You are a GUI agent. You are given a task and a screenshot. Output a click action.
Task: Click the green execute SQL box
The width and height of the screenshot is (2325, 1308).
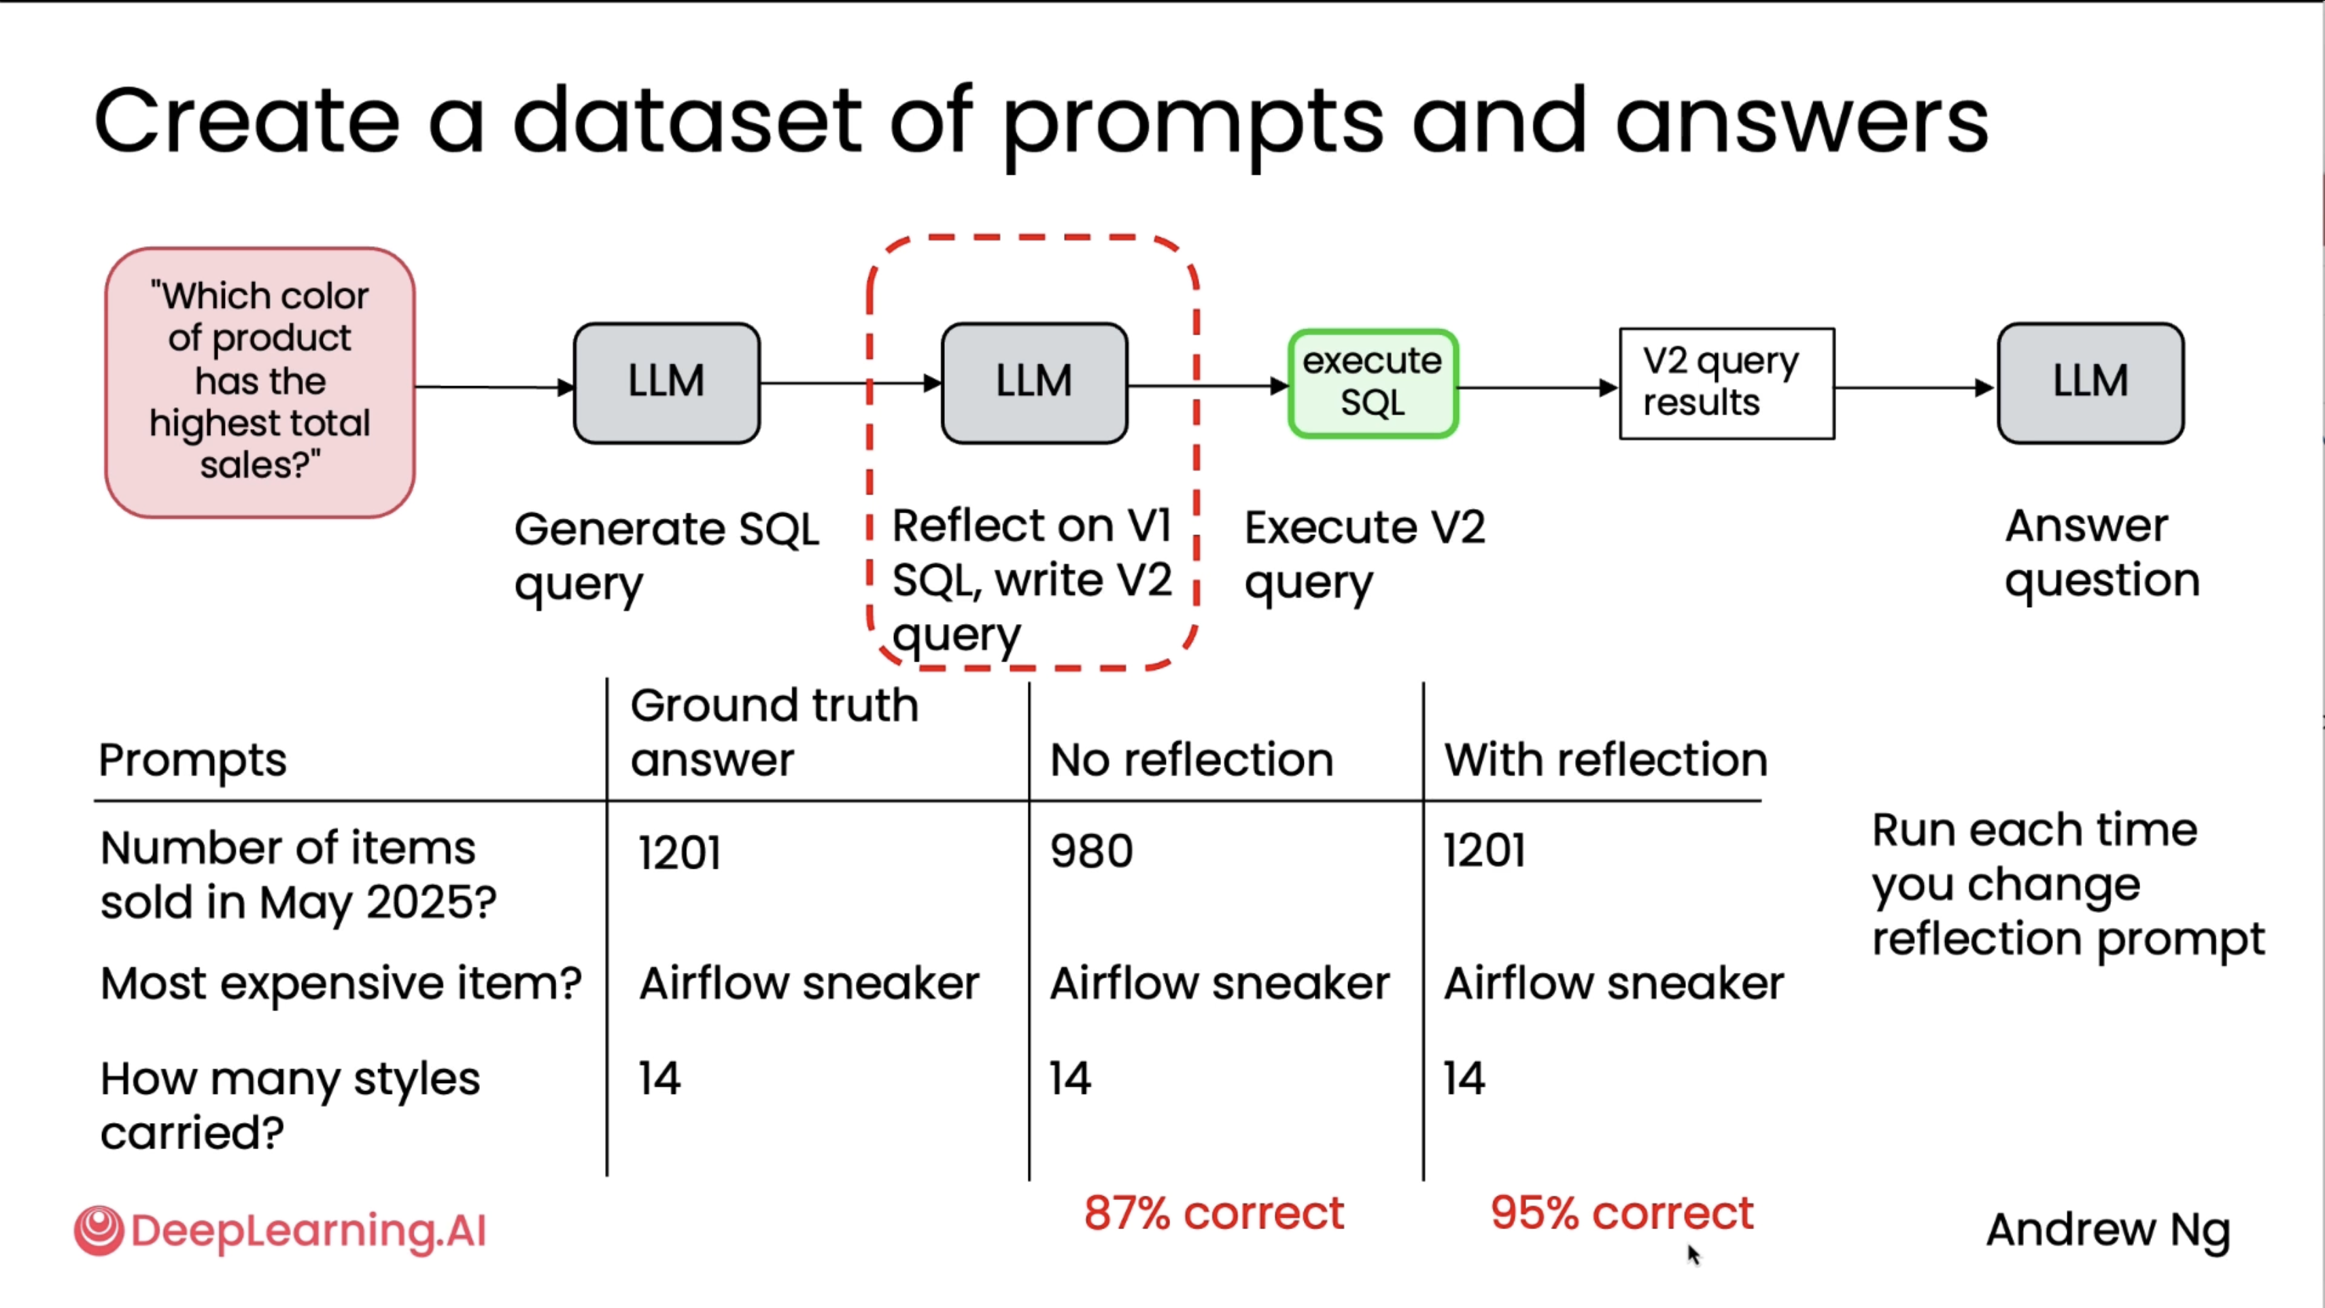pyautogui.click(x=1372, y=383)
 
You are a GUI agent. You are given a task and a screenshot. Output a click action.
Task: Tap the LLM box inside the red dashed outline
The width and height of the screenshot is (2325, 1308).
pyautogui.click(x=1034, y=383)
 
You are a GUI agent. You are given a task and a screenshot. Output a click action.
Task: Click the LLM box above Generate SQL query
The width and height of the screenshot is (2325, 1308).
pyautogui.click(x=666, y=383)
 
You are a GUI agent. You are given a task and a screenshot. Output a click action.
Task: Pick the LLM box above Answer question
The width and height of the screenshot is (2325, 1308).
pyautogui.click(x=2090, y=383)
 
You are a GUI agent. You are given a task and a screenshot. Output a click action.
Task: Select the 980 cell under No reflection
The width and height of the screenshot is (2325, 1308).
pyautogui.click(x=1091, y=851)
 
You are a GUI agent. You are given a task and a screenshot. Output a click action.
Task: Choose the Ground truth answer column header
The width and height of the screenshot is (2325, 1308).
pyautogui.click(x=774, y=732)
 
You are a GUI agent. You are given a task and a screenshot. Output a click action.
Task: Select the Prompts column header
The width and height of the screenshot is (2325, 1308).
pyautogui.click(x=192, y=759)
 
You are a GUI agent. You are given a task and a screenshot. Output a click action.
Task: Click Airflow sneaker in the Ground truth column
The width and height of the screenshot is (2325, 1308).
pyautogui.click(x=809, y=982)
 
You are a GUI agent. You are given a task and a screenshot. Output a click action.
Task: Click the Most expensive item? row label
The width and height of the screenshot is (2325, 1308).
pyautogui.click(x=341, y=982)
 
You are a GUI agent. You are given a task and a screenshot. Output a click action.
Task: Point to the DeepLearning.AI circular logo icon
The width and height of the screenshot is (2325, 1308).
pyautogui.click(x=99, y=1229)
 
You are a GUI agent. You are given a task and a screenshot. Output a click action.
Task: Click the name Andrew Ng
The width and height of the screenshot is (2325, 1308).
pyautogui.click(x=2107, y=1229)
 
